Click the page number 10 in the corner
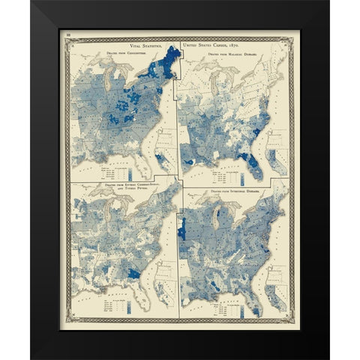(68, 34)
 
